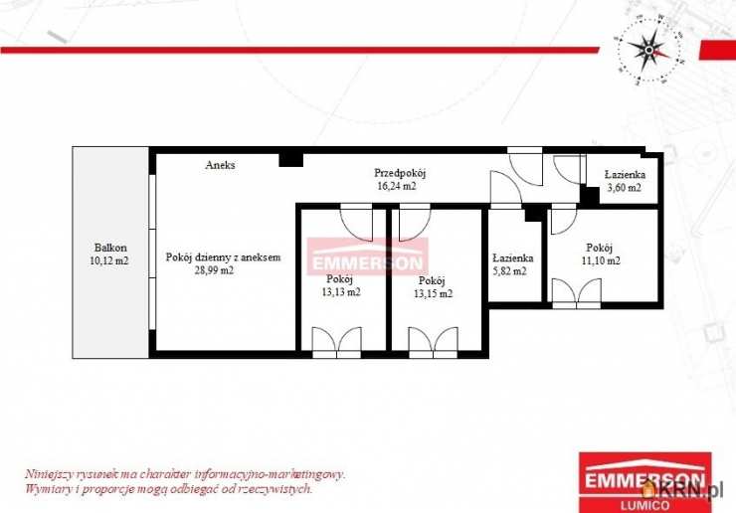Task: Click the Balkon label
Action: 110,248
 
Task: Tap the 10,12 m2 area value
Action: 108,260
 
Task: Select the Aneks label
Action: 220,165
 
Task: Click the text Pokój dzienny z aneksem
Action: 223,257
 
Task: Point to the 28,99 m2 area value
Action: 214,270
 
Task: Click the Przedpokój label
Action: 400,173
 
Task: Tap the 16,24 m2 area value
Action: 397,186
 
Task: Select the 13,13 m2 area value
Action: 341,292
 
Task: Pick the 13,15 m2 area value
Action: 434,294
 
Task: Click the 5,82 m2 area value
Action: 510,270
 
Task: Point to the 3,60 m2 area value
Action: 625,188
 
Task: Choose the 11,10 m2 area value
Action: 601,260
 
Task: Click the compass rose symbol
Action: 649,50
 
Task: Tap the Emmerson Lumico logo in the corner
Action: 645,482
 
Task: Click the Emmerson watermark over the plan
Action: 368,256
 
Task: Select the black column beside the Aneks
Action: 291,160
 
